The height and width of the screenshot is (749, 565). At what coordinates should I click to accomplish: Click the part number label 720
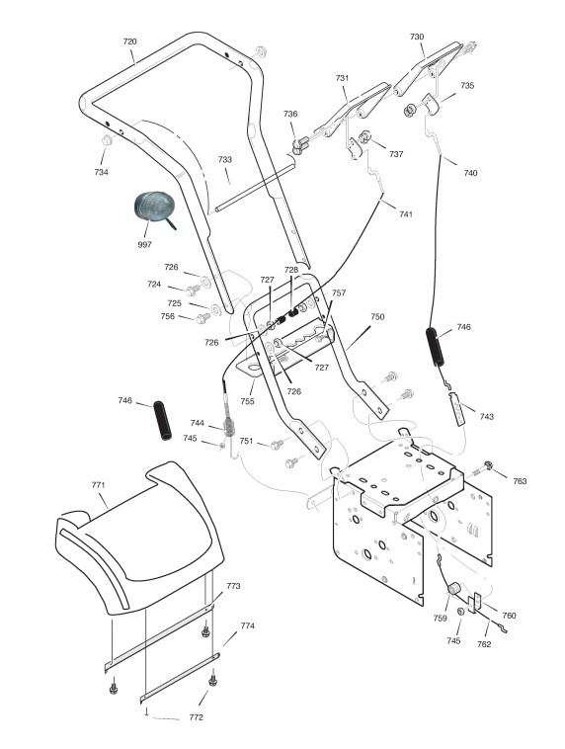tap(130, 42)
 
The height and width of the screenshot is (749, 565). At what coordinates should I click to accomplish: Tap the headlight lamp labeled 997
tap(154, 207)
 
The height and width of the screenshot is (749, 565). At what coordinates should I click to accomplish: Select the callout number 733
tap(225, 159)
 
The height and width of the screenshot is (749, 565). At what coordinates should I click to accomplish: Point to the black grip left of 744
tap(162, 420)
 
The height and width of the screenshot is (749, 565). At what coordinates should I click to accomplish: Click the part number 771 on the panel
tap(98, 485)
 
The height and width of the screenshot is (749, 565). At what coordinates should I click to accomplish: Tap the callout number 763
tap(520, 481)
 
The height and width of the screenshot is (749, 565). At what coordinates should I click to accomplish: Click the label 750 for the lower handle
tap(377, 317)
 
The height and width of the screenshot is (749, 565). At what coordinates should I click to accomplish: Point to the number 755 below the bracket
tap(247, 401)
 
